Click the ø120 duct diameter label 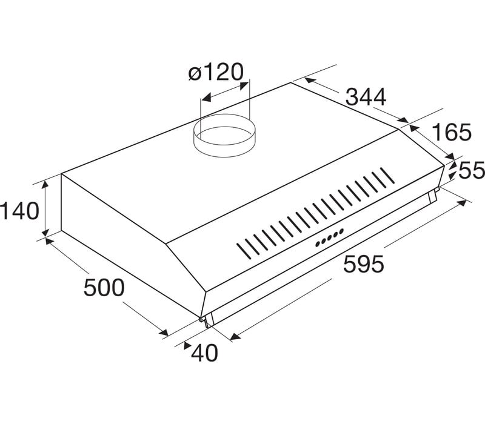(x=216, y=72)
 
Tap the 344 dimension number (x=366, y=97)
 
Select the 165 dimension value (x=451, y=132)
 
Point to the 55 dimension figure (x=472, y=170)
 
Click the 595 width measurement (x=364, y=264)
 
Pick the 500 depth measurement (x=104, y=287)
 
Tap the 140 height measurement (x=19, y=211)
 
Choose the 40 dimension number (x=204, y=353)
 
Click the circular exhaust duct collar (x=224, y=135)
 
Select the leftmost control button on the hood (x=318, y=244)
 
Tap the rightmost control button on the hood (x=341, y=231)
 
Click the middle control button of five (x=329, y=237)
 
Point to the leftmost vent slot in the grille (x=244, y=251)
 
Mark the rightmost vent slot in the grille (x=387, y=175)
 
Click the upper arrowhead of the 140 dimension (x=45, y=185)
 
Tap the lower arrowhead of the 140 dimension (x=46, y=232)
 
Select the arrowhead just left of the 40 (x=187, y=346)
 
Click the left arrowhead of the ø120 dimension (x=206, y=98)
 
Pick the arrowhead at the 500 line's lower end (x=164, y=332)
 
